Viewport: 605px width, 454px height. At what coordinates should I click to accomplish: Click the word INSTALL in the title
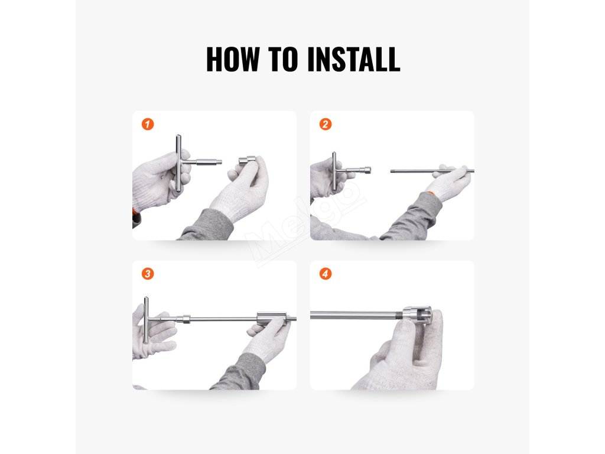(x=354, y=59)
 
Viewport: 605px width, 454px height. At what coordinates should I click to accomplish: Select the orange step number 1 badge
(x=148, y=124)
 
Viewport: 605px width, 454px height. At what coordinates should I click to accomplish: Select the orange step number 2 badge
(x=326, y=124)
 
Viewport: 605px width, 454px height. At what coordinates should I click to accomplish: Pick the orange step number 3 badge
(x=148, y=274)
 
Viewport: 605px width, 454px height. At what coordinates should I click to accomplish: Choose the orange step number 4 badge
(x=326, y=274)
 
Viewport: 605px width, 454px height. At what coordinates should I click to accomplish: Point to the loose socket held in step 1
(x=247, y=160)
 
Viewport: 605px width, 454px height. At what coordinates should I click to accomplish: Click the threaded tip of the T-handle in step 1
(x=219, y=162)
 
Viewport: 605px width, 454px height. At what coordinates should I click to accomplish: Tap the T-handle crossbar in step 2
(x=334, y=171)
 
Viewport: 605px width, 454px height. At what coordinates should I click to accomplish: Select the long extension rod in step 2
(x=432, y=171)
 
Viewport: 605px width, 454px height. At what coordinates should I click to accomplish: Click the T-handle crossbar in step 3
(x=147, y=320)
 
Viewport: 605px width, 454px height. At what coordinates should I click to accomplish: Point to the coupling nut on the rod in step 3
(x=186, y=319)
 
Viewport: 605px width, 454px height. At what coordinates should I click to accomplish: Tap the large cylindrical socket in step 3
(x=272, y=319)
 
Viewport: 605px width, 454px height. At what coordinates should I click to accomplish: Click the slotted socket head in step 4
(x=417, y=315)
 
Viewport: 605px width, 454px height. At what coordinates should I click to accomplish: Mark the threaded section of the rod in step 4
(x=398, y=316)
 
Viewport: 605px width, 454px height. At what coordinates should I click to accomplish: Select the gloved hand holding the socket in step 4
(x=401, y=351)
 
